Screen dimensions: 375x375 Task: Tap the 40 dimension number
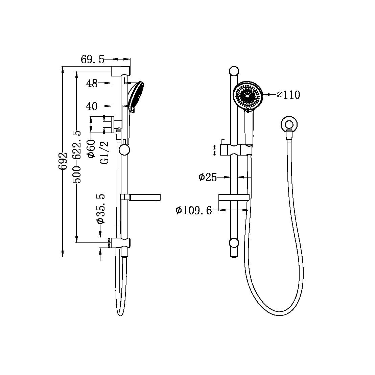(x=92, y=107)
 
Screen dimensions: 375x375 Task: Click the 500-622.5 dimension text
(x=77, y=157)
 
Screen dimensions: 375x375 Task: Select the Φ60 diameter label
(x=91, y=148)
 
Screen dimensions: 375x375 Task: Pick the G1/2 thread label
(x=104, y=153)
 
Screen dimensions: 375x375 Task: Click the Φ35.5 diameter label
(x=101, y=209)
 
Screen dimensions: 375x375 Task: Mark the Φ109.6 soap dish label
(x=193, y=210)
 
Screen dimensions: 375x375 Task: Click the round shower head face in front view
(x=248, y=96)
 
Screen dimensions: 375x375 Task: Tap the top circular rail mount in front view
(x=234, y=71)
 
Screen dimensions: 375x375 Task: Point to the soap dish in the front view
(x=234, y=197)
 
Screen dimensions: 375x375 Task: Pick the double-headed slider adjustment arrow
(x=214, y=150)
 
